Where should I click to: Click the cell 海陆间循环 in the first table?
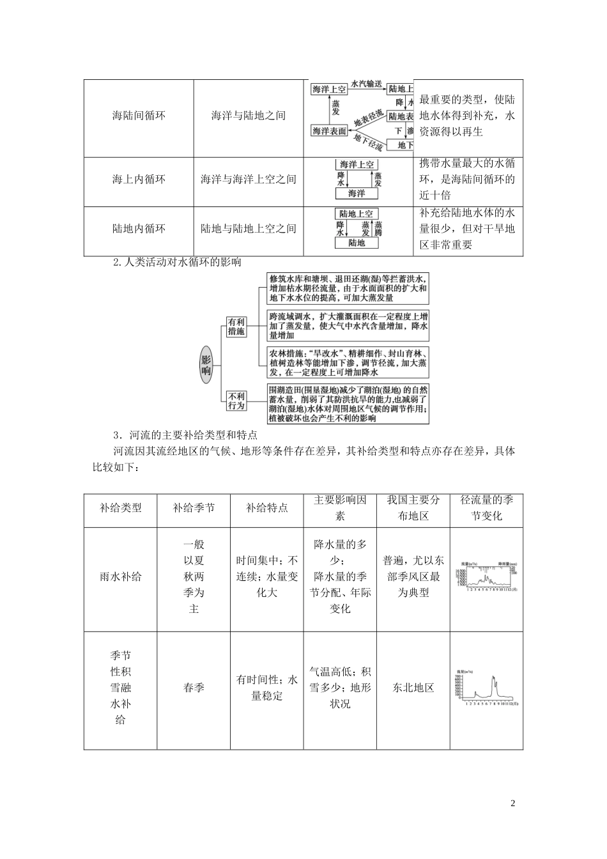(139, 116)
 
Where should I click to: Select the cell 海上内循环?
(139, 180)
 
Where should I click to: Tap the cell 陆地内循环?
(139, 228)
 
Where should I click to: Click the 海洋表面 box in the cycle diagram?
(329, 131)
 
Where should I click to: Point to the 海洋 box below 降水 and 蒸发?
(357, 193)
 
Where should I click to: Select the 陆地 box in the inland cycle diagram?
(357, 243)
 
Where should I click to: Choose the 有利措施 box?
(236, 326)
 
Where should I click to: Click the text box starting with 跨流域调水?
(348, 326)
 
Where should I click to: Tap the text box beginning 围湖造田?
(348, 403)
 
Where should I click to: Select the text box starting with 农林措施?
(348, 363)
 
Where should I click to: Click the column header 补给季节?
(194, 508)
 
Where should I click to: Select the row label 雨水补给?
(120, 577)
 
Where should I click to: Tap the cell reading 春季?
(194, 688)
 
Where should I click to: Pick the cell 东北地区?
(413, 688)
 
